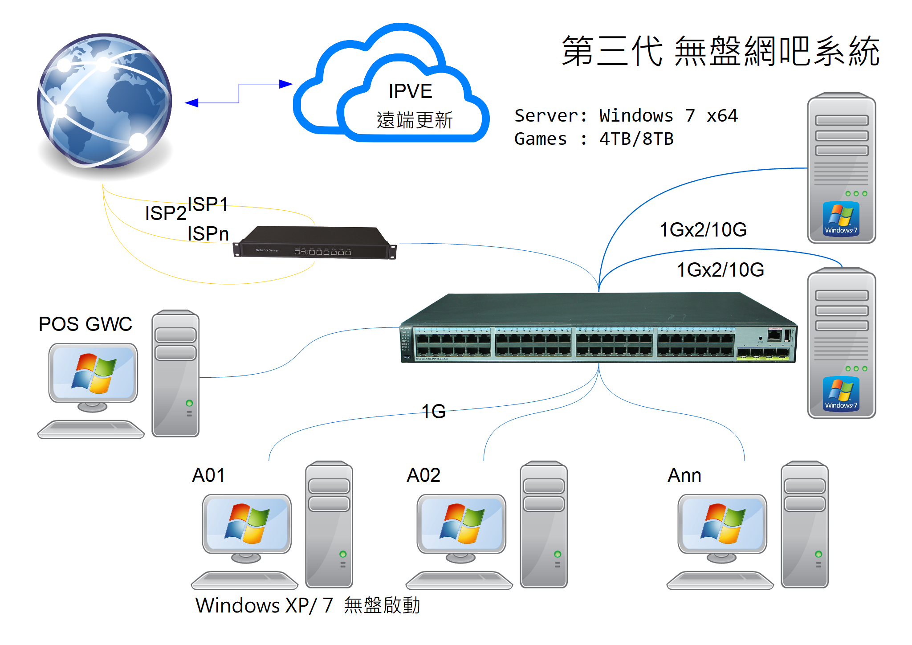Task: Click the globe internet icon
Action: pos(104,101)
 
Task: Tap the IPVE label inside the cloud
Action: pos(410,91)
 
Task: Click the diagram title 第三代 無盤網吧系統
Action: pos(720,52)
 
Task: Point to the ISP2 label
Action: pos(165,213)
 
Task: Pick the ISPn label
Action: pos(208,234)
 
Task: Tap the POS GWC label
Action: pos(85,324)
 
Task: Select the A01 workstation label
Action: pos(208,475)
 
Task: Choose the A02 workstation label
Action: pos(423,475)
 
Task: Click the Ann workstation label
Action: pos(684,475)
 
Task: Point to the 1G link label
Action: pos(433,411)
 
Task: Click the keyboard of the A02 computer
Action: pos(459,580)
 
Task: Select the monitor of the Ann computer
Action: pos(722,524)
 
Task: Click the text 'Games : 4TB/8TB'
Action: pos(594,139)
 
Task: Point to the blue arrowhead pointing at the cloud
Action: pos(285,84)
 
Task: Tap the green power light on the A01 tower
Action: pos(342,554)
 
